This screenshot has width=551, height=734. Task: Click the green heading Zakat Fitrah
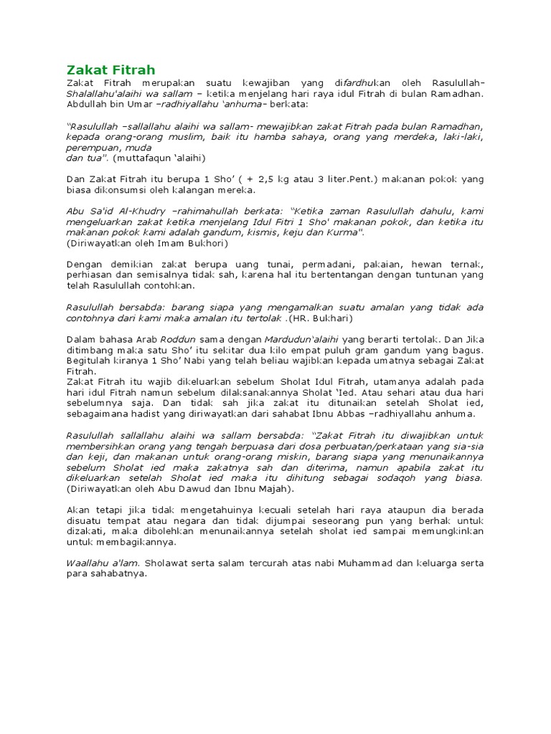tap(110, 69)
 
